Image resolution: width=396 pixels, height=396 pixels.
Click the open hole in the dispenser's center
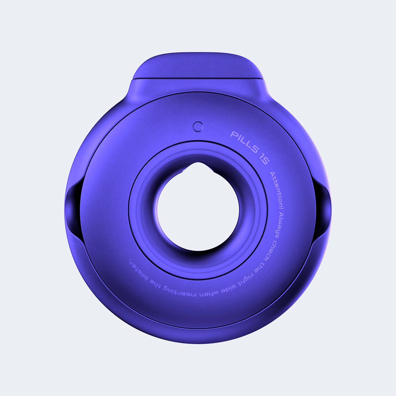(198, 211)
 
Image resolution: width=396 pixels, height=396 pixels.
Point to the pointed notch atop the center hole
(198, 165)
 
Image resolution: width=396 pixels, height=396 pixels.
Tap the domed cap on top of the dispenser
(198, 68)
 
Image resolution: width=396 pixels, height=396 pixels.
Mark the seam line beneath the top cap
(198, 79)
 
